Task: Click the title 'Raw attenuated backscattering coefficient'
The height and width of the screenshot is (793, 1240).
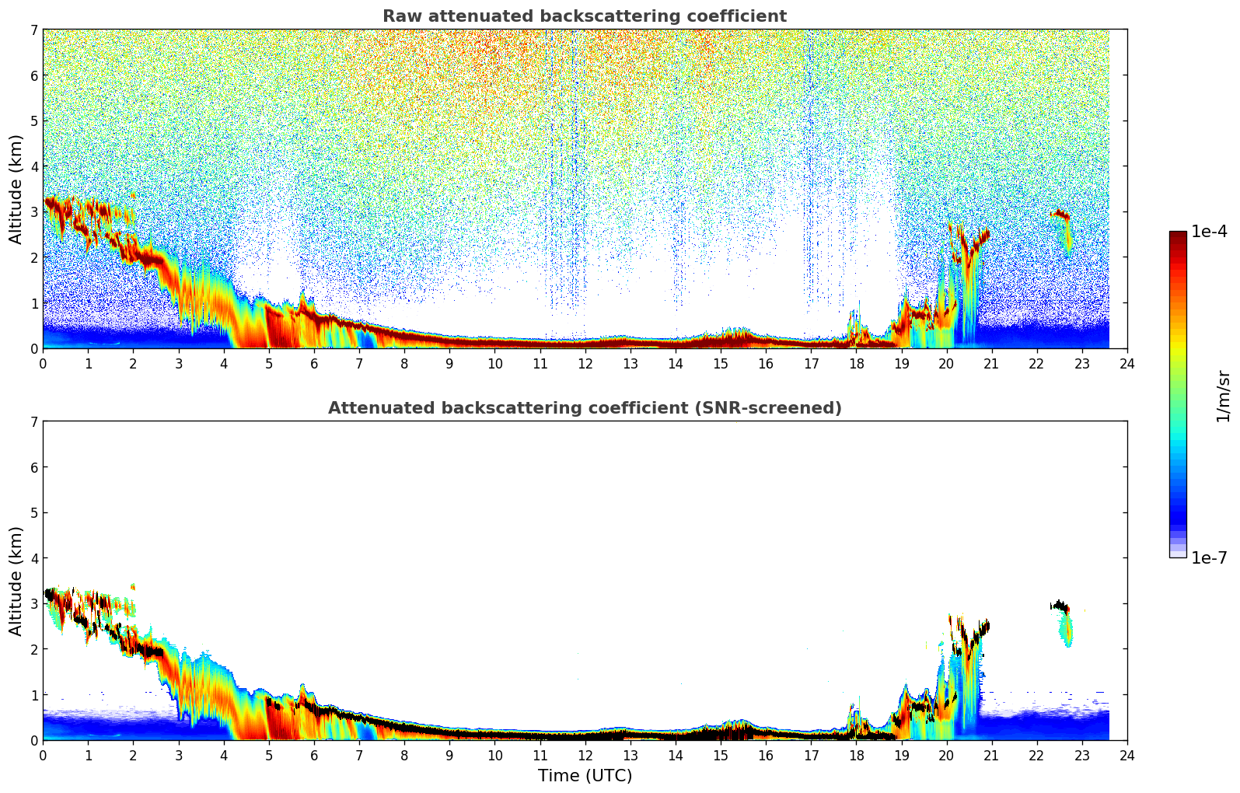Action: pos(584,16)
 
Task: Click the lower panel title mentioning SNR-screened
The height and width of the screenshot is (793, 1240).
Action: pos(584,408)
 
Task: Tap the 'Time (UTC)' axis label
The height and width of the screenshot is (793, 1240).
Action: pos(585,776)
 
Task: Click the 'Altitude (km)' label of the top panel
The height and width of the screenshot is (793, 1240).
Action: pos(16,189)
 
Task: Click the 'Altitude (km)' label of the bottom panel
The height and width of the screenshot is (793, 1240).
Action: pos(16,581)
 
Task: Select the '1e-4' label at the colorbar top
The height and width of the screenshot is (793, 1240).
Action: pos(1209,232)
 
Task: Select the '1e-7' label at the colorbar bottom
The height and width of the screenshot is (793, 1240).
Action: pos(1209,558)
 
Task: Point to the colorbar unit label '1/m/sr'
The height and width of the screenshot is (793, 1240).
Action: pos(1223,396)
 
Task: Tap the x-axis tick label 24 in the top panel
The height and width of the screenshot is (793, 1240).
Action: pos(1126,364)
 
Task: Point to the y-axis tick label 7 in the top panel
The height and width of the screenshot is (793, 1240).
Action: pos(33,30)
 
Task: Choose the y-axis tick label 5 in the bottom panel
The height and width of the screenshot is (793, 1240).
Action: pos(33,513)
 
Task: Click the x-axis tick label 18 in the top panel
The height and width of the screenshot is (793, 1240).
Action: pos(856,364)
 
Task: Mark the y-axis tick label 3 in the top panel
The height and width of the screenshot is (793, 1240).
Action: pos(33,212)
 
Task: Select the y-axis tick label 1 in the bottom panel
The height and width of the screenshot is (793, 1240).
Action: pos(33,695)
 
